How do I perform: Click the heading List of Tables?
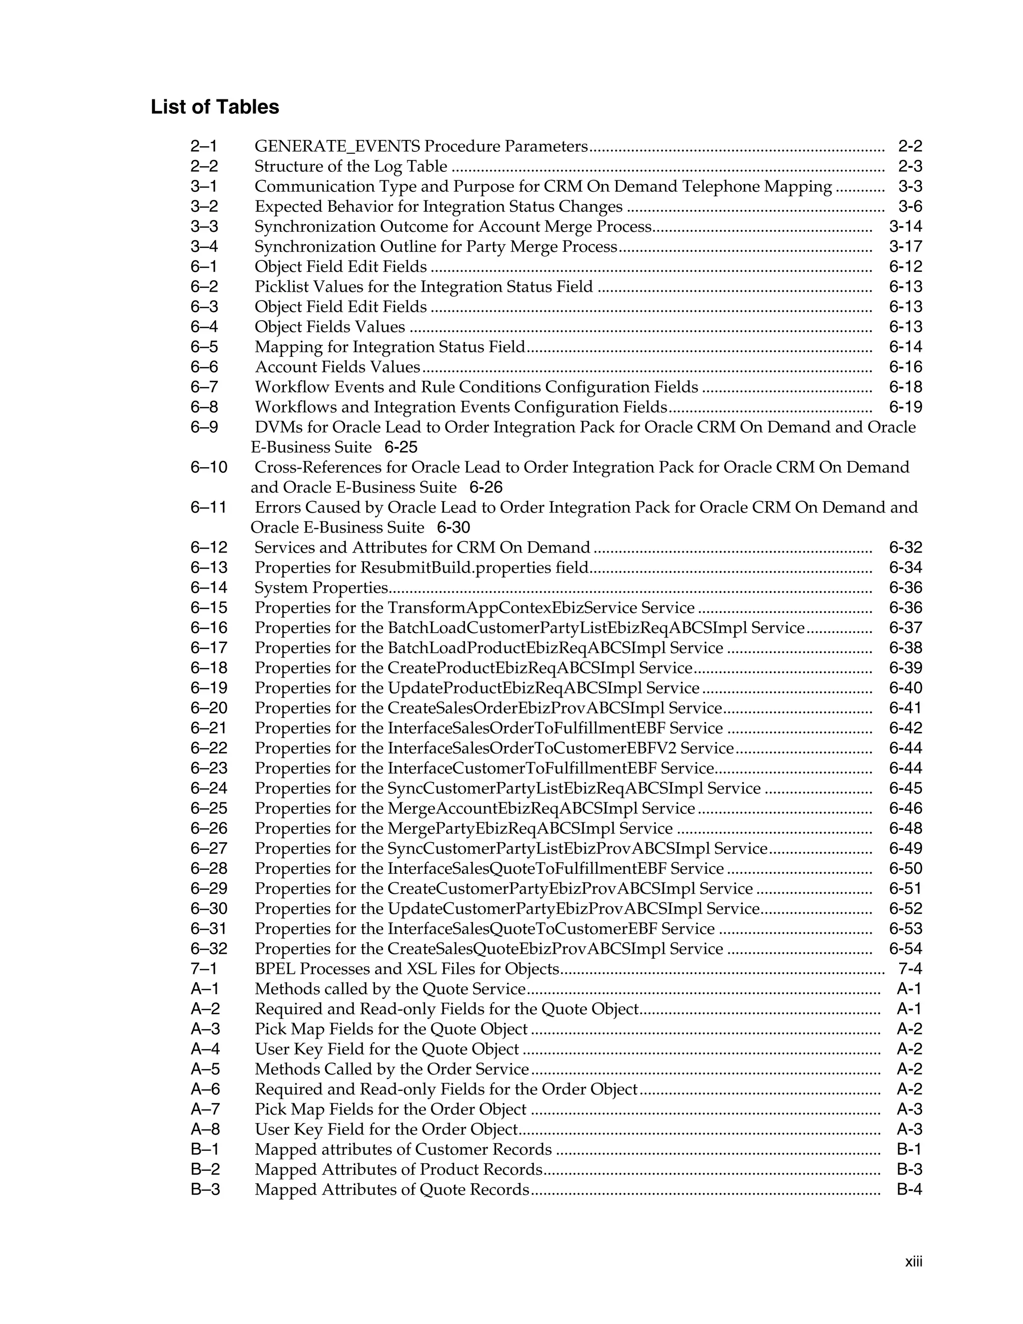point(214,107)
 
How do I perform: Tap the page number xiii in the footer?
point(913,1262)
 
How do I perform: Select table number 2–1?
point(204,146)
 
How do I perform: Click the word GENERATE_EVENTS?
point(337,146)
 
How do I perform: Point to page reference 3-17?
point(906,247)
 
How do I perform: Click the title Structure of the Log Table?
point(351,166)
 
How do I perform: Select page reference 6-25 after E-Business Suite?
point(401,447)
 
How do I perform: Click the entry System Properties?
point(321,588)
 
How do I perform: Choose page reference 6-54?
point(906,949)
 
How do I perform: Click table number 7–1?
point(204,969)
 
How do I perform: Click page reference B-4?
point(909,1190)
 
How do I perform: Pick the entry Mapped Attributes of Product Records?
point(398,1170)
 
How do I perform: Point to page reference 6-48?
point(906,828)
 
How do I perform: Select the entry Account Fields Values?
point(338,367)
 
